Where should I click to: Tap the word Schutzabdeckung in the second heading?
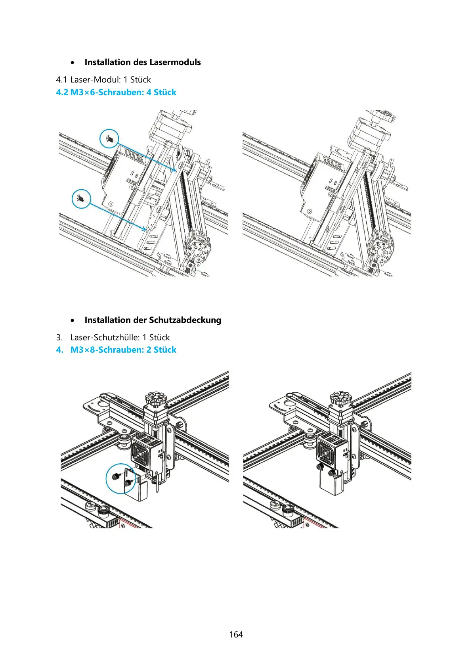click(185, 320)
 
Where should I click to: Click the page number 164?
click(236, 635)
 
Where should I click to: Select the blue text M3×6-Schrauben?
click(107, 92)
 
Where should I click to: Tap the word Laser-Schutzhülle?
click(105, 338)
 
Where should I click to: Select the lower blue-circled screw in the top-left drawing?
click(81, 199)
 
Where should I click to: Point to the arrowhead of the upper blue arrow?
click(175, 171)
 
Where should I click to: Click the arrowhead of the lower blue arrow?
click(144, 229)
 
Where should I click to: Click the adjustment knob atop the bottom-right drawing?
click(341, 399)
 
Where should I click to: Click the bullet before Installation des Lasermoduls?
click(72, 63)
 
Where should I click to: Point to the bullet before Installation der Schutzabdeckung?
click(72, 321)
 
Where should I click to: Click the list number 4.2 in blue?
click(62, 92)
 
